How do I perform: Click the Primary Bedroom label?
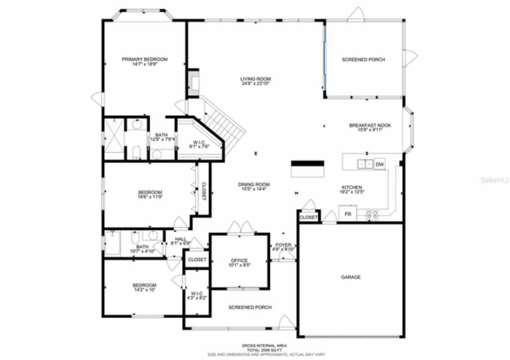[144, 59]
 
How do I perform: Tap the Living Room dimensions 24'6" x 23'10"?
[255, 84]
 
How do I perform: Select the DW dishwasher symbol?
[380, 164]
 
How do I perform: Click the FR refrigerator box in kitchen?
[347, 214]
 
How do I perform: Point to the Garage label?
[351, 277]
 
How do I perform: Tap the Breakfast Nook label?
[370, 125]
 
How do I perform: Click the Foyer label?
[283, 245]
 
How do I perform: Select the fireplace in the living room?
[194, 84]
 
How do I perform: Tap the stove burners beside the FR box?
[372, 215]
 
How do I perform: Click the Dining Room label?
[254, 184]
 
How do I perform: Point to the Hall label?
[180, 239]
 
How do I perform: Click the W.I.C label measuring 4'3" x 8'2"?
[197, 293]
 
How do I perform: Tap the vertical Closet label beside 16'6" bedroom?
[204, 191]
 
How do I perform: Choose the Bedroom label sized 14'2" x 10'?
[144, 285]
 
